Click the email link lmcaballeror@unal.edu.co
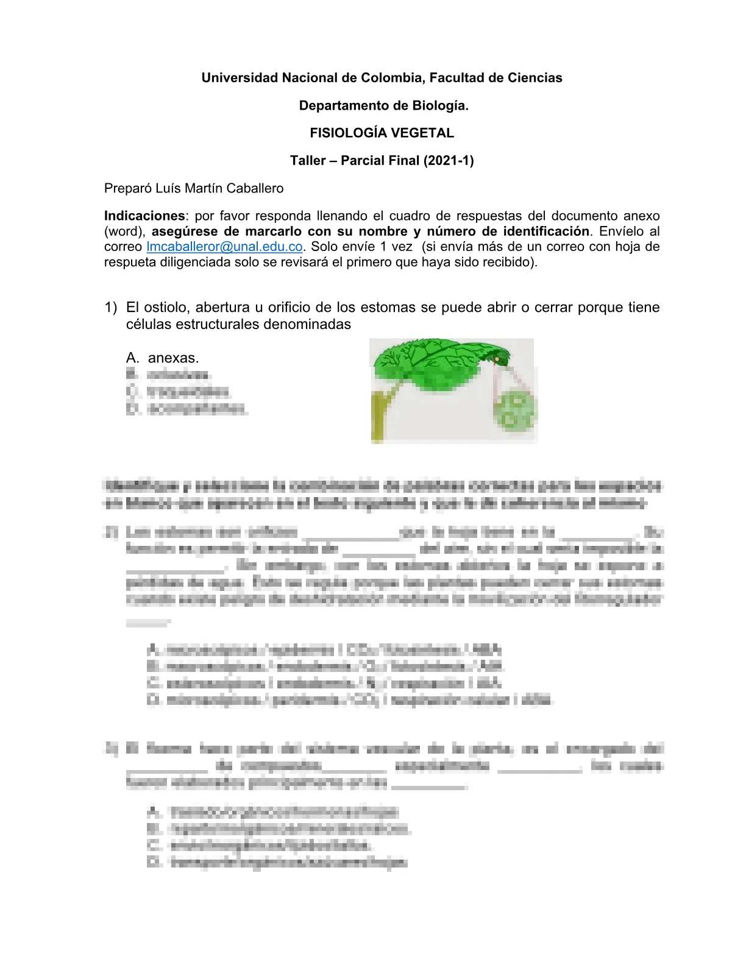(x=225, y=247)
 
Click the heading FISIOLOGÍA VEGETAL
(x=382, y=133)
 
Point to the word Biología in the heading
(x=443, y=105)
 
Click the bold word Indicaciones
(x=144, y=216)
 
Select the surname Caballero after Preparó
(x=255, y=188)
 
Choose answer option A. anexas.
(x=163, y=358)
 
